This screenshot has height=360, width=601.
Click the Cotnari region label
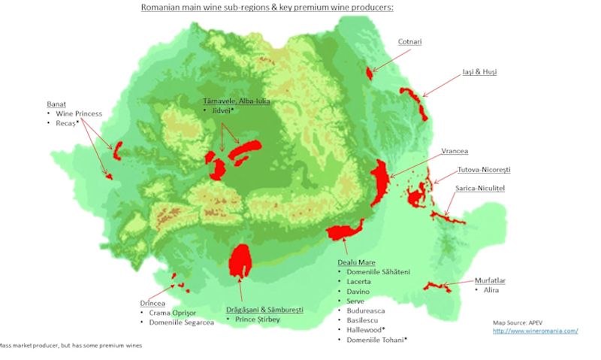pyautogui.click(x=409, y=42)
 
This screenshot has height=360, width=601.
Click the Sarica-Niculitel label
pyautogui.click(x=480, y=188)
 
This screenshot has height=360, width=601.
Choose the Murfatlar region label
pyautogui.click(x=490, y=280)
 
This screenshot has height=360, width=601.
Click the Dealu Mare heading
pyautogui.click(x=356, y=262)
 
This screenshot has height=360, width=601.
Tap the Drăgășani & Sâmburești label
pyautogui.click(x=264, y=309)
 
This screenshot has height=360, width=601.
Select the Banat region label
pyautogui.click(x=56, y=104)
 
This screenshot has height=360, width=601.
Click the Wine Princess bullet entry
pyautogui.click(x=78, y=113)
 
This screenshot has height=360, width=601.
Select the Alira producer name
pyautogui.click(x=485, y=289)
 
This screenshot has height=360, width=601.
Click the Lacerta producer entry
pyautogui.click(x=359, y=281)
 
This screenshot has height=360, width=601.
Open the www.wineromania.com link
pyautogui.click(x=535, y=331)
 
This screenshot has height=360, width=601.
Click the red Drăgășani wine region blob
pyautogui.click(x=240, y=261)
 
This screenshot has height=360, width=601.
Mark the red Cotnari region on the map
pyautogui.click(x=369, y=71)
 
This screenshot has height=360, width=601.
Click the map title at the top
pyautogui.click(x=267, y=8)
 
